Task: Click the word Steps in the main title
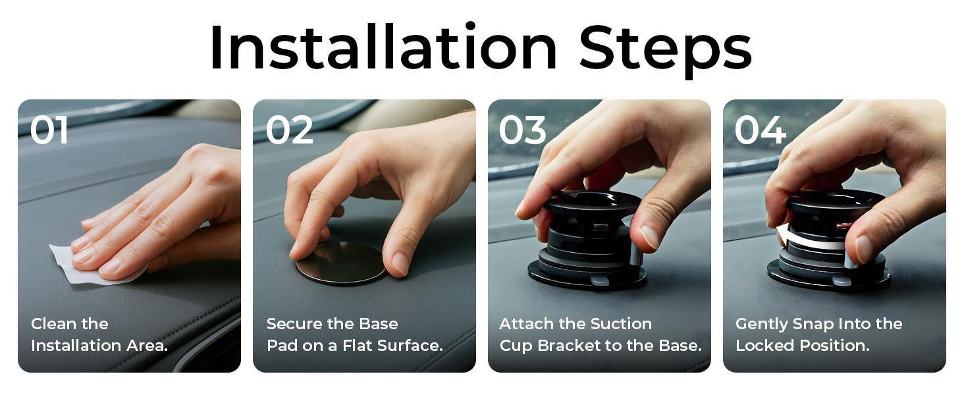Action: [x=665, y=47]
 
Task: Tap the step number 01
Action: [x=49, y=130]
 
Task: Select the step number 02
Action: [x=289, y=130]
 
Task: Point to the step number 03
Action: [x=523, y=130]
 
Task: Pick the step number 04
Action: [x=760, y=130]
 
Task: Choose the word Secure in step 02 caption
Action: [x=294, y=324]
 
